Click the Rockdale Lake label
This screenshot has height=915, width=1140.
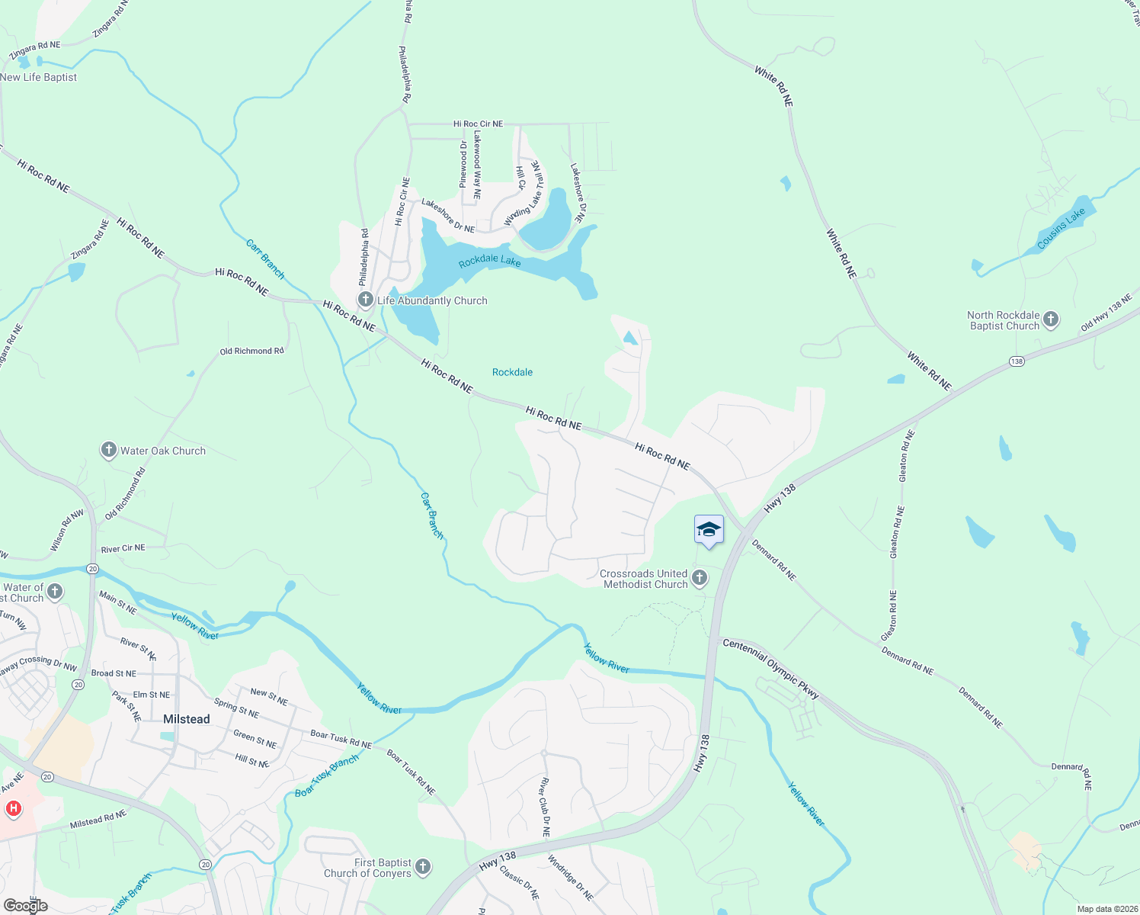click(489, 262)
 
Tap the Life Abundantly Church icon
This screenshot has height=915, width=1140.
click(366, 300)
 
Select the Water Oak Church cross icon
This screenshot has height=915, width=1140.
click(109, 451)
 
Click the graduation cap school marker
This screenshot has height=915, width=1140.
click(709, 530)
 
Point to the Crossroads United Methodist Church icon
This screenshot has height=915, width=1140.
click(700, 579)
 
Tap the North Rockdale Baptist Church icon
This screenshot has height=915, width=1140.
click(1051, 320)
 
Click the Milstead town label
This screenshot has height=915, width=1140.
click(187, 719)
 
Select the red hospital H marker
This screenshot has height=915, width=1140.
click(13, 808)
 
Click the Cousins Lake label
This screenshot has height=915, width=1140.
click(1061, 229)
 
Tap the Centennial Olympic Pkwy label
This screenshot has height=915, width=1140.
click(770, 669)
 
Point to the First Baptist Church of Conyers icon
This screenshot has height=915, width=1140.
click(424, 868)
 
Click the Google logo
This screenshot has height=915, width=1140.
click(25, 906)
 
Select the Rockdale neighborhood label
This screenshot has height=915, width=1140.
click(512, 372)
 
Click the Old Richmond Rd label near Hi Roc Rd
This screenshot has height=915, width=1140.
click(251, 352)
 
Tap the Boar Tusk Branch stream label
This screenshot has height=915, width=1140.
click(326, 776)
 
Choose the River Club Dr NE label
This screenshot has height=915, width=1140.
click(544, 807)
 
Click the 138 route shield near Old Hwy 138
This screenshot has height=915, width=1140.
click(1017, 361)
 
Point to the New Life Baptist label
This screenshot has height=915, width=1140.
click(39, 77)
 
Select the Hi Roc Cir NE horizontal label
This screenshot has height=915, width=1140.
click(478, 124)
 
